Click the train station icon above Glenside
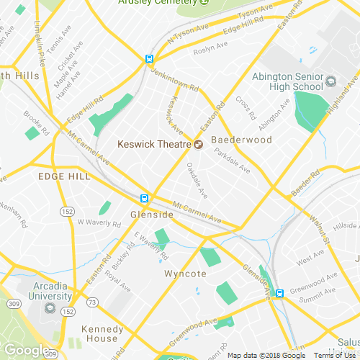(145, 198)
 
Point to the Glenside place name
(152, 215)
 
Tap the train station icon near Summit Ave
(279, 293)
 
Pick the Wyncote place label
(185, 274)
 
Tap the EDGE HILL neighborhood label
(64, 176)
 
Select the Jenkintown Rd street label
(175, 78)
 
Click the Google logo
(25, 351)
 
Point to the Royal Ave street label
(117, 281)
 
